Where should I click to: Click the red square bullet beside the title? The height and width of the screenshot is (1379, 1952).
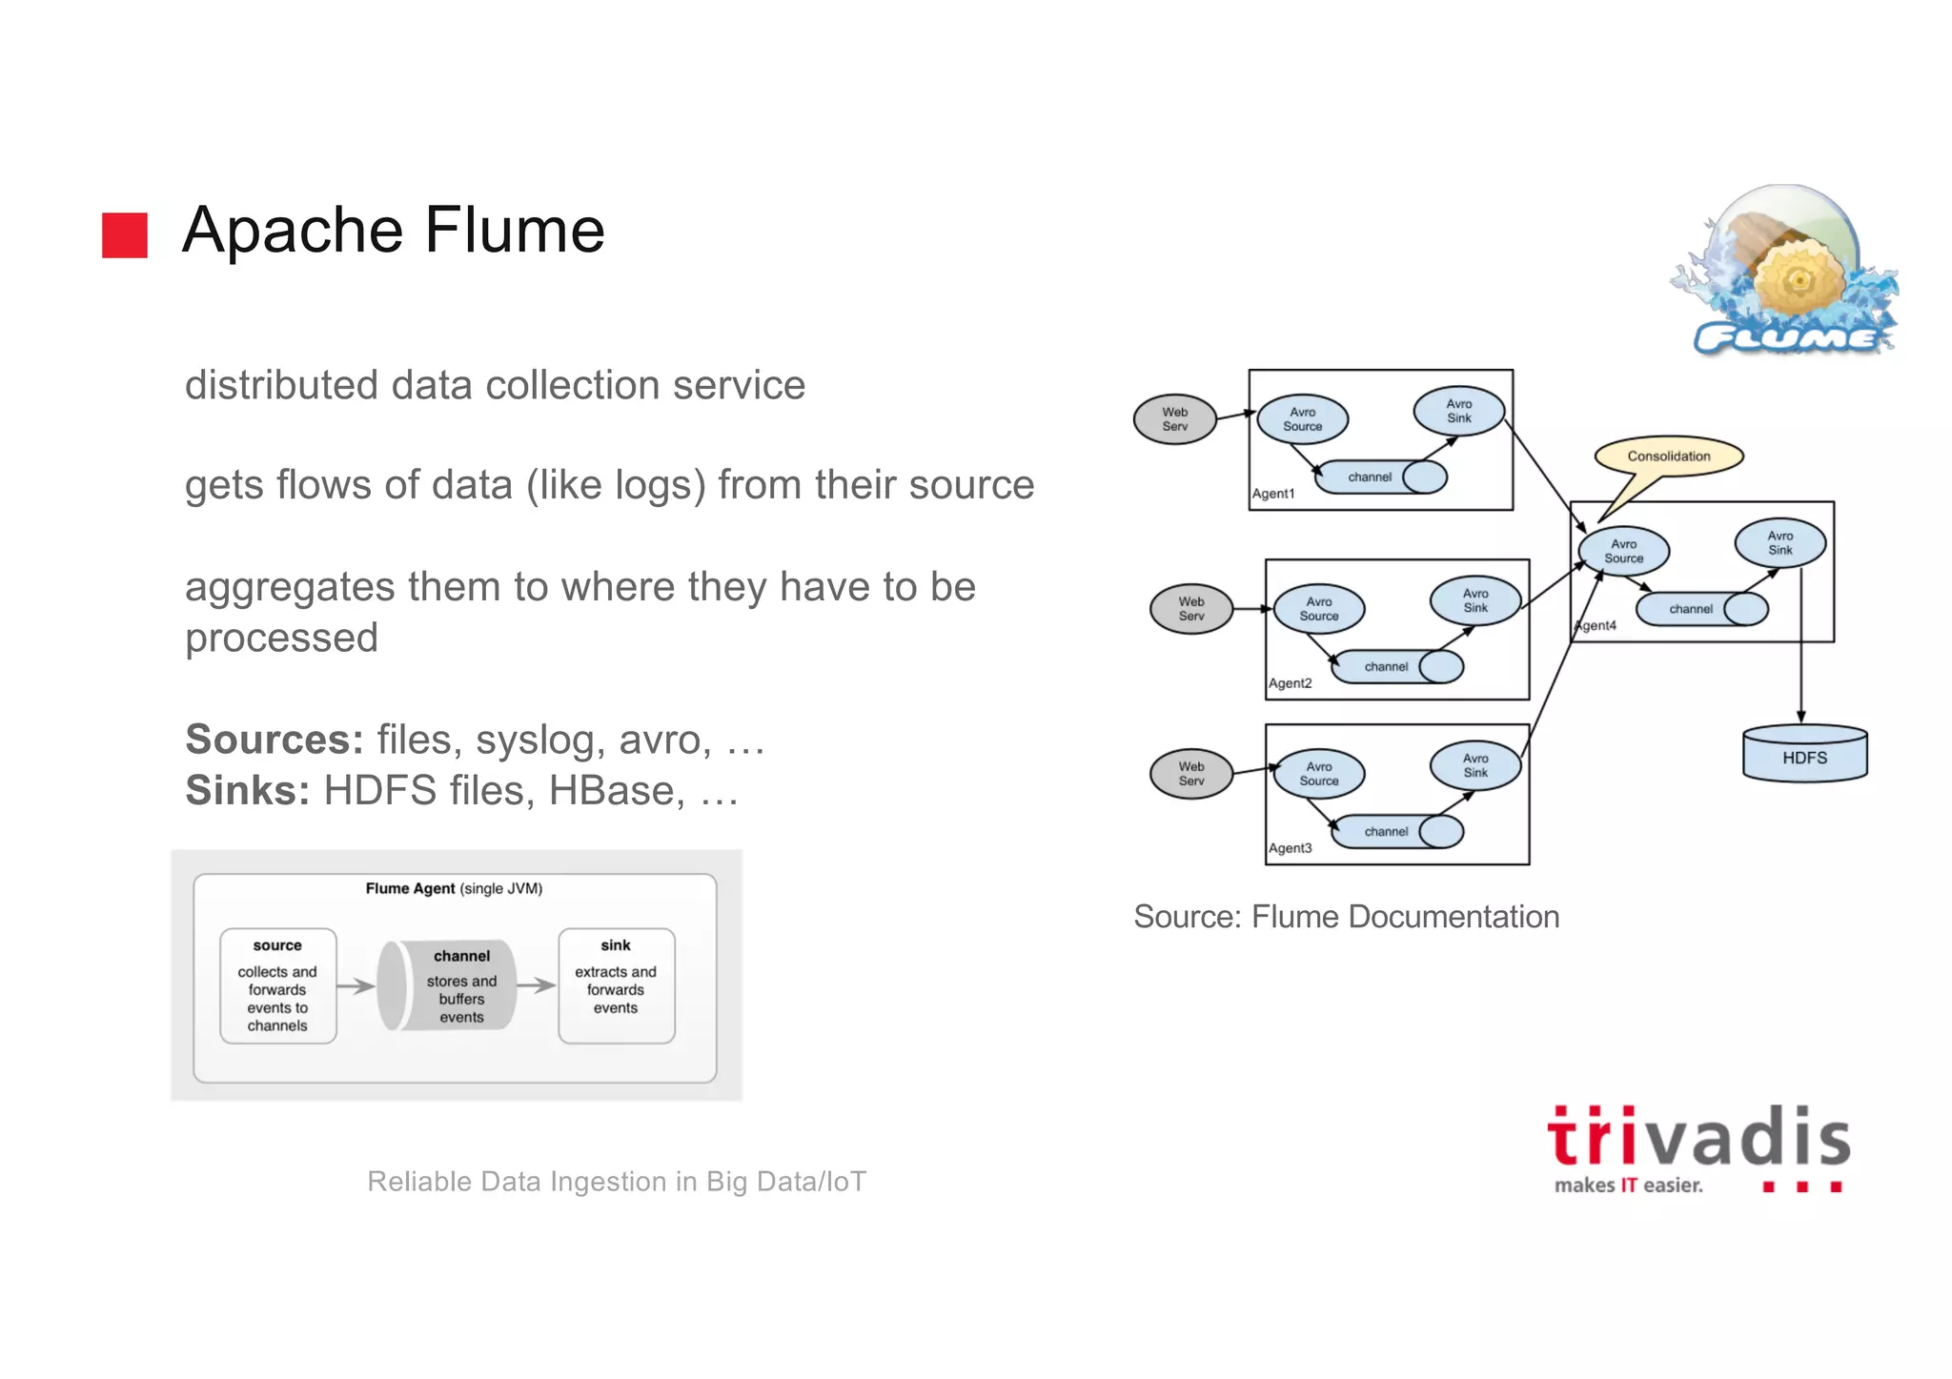[125, 234]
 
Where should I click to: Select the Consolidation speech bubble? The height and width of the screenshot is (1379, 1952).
[1668, 456]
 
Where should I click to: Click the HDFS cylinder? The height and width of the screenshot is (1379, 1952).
[1803, 756]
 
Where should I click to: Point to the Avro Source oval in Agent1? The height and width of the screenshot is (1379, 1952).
[1302, 419]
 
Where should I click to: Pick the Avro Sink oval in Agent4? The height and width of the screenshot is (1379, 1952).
[1779, 543]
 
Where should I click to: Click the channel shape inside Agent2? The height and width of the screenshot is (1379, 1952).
[1396, 666]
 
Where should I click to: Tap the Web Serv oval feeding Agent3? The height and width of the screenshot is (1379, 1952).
[1190, 774]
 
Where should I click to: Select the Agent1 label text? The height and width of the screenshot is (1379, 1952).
[1273, 494]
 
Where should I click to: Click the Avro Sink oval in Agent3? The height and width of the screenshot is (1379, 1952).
[1474, 765]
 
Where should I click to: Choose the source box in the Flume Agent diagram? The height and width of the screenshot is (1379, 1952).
[277, 985]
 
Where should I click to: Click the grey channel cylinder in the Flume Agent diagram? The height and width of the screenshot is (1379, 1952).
[448, 985]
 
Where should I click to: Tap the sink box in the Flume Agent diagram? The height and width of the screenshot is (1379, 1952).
[616, 985]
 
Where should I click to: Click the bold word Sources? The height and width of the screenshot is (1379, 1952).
[274, 740]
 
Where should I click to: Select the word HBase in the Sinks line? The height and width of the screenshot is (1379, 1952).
[616, 790]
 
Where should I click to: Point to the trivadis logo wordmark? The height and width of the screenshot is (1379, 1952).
[1698, 1139]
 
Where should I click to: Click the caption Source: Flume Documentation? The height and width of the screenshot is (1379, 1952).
[1346, 917]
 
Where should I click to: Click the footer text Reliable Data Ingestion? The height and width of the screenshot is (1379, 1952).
[616, 1182]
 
